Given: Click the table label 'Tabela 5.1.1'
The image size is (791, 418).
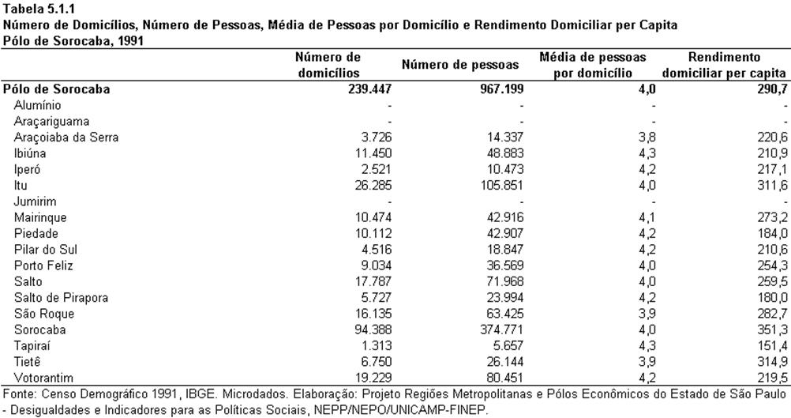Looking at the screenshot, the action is pyautogui.click(x=33, y=8).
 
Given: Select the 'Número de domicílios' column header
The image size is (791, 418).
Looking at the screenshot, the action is pyautogui.click(x=328, y=65).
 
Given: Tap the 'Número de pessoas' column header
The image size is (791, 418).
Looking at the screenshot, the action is pyautogui.click(x=460, y=65).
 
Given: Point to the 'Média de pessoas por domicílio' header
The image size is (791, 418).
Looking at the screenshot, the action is pyautogui.click(x=593, y=65).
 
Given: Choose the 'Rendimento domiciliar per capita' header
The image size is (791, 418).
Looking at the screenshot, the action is pyautogui.click(x=724, y=65).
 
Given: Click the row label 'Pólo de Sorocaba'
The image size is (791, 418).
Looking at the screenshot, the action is pyautogui.click(x=57, y=89).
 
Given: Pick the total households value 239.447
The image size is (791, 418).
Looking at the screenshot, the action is pyautogui.click(x=369, y=89).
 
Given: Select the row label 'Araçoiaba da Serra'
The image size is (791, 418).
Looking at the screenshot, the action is pyautogui.click(x=66, y=137).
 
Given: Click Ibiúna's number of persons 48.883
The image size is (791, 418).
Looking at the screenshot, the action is pyautogui.click(x=501, y=153).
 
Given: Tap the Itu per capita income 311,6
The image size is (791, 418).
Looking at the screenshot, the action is pyautogui.click(x=772, y=185).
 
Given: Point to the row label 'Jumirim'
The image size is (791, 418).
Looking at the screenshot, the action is pyautogui.click(x=35, y=201).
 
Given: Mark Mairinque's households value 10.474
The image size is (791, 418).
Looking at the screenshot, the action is pyautogui.click(x=373, y=217).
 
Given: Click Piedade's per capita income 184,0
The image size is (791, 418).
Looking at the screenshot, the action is pyautogui.click(x=772, y=234).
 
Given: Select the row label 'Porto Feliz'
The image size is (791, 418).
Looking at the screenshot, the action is pyautogui.click(x=43, y=265).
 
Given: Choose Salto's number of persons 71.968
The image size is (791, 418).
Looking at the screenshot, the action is pyautogui.click(x=501, y=281).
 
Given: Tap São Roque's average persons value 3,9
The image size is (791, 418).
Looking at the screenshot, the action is pyautogui.click(x=647, y=314).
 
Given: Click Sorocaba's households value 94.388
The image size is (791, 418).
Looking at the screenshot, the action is pyautogui.click(x=373, y=330).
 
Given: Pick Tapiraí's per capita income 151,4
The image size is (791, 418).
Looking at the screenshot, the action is pyautogui.click(x=772, y=346).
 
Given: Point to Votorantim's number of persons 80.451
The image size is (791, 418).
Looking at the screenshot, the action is pyautogui.click(x=501, y=378).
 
